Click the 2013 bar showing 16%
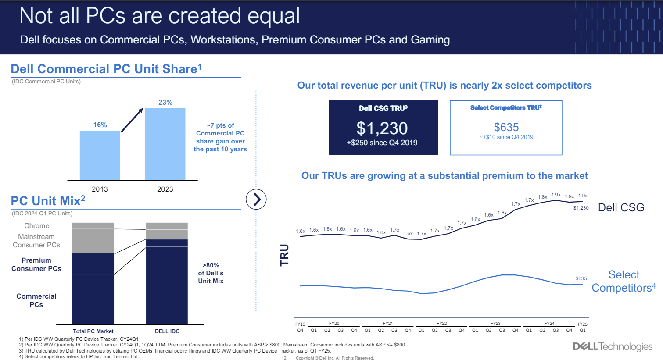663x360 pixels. coord(100,155)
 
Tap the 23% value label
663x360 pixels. coord(165,103)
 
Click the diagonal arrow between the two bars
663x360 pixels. coord(132,120)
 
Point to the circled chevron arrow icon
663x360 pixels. coord(256,200)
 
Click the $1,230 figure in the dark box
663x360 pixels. coord(382,128)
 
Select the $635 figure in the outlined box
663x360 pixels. coord(506,127)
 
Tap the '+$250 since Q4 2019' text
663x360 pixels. coord(382,143)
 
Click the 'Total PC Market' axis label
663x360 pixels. coord(93,331)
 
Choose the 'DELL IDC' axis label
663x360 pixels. coord(167,331)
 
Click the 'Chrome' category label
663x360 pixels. coord(37,226)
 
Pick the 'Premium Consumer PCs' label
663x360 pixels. coord(36,264)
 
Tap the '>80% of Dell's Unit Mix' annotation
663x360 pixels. coord(211,273)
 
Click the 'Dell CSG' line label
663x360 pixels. coord(621,207)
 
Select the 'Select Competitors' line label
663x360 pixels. coord(624,281)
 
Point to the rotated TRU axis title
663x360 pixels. coord(284,255)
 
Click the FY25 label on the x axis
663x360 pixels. coord(582,324)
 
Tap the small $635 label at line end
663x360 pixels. coord(581,278)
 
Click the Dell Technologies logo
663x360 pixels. coord(613,346)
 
